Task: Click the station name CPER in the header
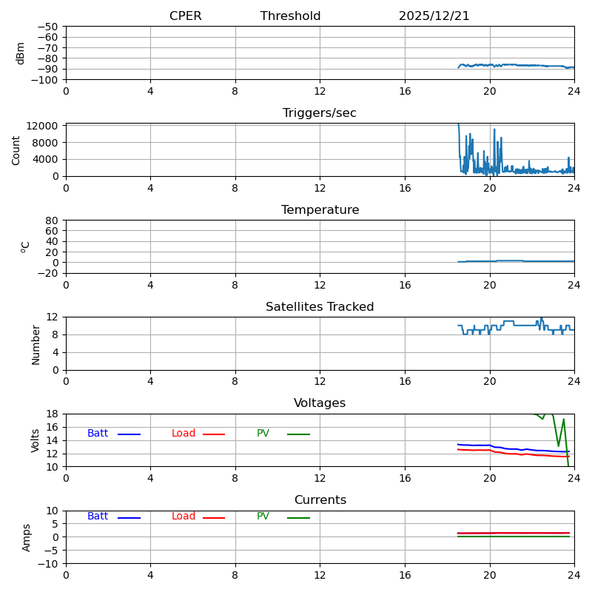(x=185, y=16)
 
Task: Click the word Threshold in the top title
(x=290, y=16)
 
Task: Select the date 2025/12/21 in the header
(x=434, y=16)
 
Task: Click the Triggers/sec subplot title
(x=319, y=113)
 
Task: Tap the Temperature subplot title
(x=320, y=210)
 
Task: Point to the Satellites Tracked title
(x=320, y=307)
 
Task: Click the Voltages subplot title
(x=320, y=403)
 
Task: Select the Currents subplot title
(x=320, y=500)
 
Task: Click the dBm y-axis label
(x=21, y=53)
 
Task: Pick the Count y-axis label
(x=16, y=149)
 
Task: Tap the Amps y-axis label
(x=27, y=537)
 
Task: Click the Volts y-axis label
(x=36, y=440)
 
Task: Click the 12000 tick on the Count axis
(x=44, y=126)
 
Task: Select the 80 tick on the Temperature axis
(x=52, y=221)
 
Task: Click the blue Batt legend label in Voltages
(x=98, y=434)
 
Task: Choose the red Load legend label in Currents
(x=184, y=517)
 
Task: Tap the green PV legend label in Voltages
(x=263, y=434)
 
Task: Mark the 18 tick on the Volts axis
(x=52, y=414)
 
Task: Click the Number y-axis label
(x=36, y=344)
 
